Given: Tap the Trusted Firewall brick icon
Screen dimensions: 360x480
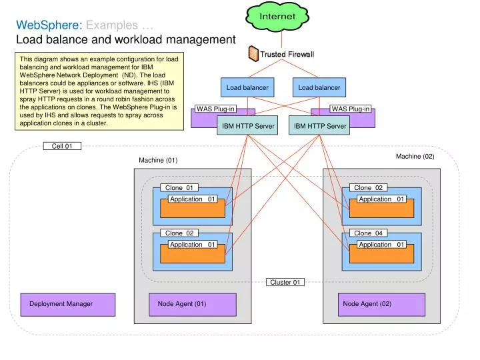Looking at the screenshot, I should click(253, 53).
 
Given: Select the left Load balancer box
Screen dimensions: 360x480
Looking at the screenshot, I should click(247, 87).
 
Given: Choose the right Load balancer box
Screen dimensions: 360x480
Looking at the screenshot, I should click(319, 87).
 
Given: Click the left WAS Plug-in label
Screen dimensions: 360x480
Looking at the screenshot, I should click(215, 109).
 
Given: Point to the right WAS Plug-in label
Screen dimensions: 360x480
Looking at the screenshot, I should click(351, 109).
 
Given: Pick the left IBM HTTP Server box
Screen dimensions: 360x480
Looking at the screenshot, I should click(247, 125).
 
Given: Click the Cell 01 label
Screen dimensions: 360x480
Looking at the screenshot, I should click(62, 146).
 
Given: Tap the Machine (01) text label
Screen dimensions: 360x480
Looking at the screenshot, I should click(158, 160).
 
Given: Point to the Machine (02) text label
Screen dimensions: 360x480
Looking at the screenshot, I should click(415, 156).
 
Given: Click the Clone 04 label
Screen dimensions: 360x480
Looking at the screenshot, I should click(368, 233).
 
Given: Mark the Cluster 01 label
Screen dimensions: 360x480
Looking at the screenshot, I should click(285, 282).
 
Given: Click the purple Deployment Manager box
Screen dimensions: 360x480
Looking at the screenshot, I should click(67, 304).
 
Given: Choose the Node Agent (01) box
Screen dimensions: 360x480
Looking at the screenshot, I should click(192, 304).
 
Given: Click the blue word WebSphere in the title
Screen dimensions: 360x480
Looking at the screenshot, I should click(48, 25).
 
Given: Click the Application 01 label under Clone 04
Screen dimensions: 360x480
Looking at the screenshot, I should click(381, 244).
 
